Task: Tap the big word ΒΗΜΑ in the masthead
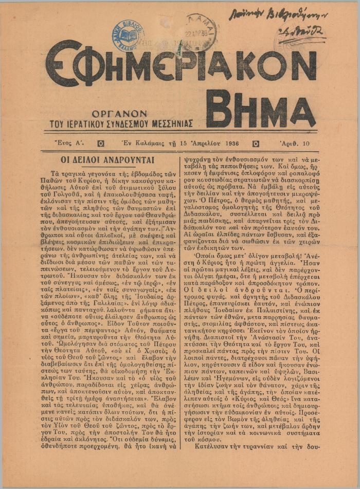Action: coord(260,111)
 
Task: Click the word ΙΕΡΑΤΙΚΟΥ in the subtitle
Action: coord(86,123)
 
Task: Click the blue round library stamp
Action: coord(128,36)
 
